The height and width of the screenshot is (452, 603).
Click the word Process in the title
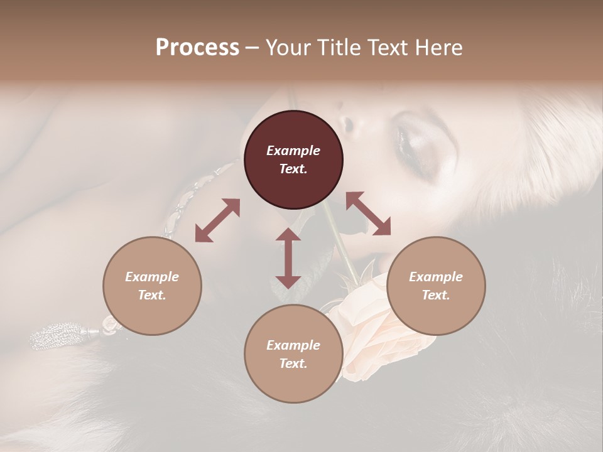click(x=197, y=48)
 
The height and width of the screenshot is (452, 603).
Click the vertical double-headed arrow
click(x=288, y=259)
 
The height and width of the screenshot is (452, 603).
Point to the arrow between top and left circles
click(x=217, y=220)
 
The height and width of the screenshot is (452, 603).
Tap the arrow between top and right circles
click(x=368, y=213)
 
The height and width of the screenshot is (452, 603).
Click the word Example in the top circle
click(x=293, y=151)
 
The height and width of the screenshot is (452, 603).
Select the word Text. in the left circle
click(x=152, y=295)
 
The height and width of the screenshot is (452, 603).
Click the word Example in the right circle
click(x=436, y=277)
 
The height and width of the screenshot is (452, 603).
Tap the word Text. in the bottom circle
click(x=293, y=363)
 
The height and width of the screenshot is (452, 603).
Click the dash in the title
click(x=253, y=48)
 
